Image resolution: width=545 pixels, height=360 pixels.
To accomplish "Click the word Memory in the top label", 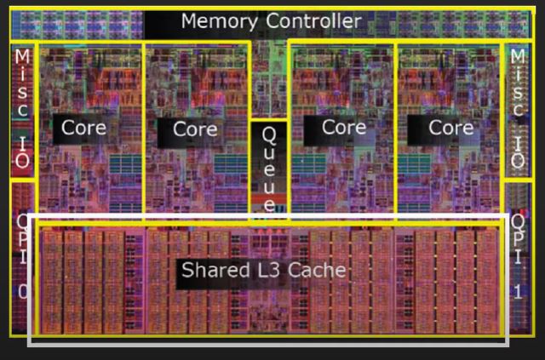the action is click(x=219, y=20).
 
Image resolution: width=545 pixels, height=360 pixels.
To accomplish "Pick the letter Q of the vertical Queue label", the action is click(x=268, y=134).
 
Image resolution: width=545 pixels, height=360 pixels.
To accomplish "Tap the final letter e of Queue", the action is click(x=268, y=205).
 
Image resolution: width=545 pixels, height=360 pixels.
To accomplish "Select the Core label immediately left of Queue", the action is click(x=195, y=129).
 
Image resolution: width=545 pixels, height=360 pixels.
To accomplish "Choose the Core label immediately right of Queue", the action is click(x=344, y=128).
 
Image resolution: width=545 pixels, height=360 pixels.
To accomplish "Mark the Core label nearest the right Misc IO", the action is click(x=450, y=128).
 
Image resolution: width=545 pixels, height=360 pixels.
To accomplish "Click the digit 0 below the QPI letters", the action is click(x=23, y=292).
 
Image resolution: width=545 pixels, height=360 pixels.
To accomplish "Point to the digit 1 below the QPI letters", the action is click(x=518, y=292).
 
